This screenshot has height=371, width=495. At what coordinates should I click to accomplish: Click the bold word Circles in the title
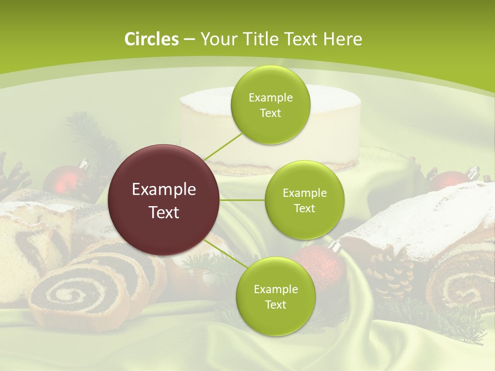pyautogui.click(x=151, y=39)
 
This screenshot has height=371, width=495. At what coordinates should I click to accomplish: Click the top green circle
pyautogui.click(x=270, y=105)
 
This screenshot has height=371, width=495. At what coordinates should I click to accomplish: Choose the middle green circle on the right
pyautogui.click(x=304, y=200)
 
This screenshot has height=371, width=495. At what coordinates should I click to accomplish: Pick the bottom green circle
pyautogui.click(x=275, y=296)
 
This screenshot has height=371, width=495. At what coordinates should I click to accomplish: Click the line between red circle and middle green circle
pyautogui.click(x=242, y=200)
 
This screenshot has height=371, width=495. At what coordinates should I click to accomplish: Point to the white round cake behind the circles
pyautogui.click(x=217, y=129)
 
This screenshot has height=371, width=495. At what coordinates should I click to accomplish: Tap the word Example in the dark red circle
pyautogui.click(x=164, y=190)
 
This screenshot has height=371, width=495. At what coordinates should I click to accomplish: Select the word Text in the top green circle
pyautogui.click(x=270, y=113)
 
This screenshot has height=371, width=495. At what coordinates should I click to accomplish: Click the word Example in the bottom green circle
pyautogui.click(x=275, y=289)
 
